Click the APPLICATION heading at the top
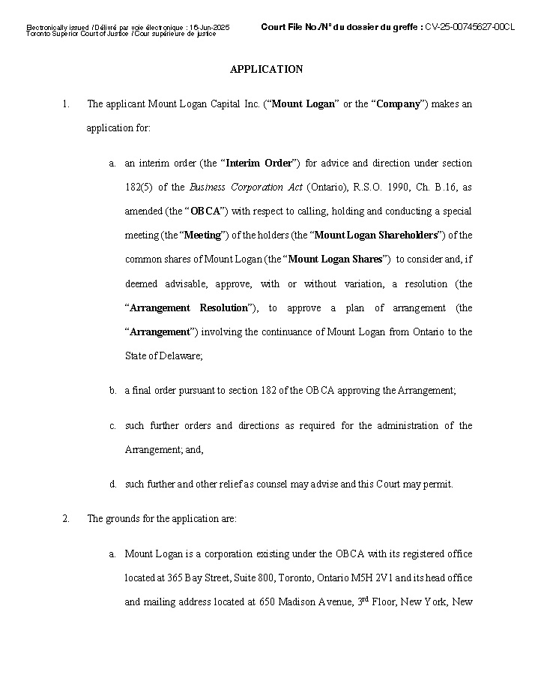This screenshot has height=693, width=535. tap(266, 69)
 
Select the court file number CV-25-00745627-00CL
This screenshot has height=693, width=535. tap(470, 27)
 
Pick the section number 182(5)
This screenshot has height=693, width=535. tap(139, 187)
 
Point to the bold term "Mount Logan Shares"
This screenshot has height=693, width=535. tap(335, 259)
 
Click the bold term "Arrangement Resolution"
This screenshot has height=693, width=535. tap(189, 308)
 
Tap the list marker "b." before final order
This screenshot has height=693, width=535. tap(112, 391)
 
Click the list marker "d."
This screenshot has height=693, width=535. tap(112, 484)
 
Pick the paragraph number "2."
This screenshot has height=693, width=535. tap(66, 519)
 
